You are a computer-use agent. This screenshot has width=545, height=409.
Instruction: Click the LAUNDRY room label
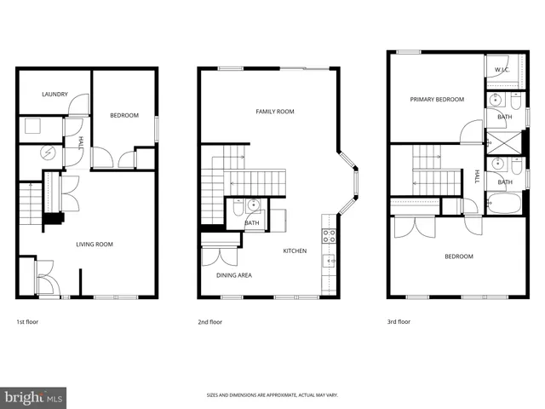point(55,95)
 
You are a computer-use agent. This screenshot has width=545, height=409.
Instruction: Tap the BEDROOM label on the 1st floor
point(124,115)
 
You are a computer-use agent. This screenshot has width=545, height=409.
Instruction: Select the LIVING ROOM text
point(95,245)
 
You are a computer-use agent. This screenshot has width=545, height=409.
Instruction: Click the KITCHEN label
point(295,251)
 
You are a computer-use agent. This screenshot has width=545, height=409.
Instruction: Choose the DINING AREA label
point(233,274)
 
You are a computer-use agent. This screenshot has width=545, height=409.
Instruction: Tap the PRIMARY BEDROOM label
point(437,100)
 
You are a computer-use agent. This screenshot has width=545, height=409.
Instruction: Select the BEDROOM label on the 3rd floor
point(458,256)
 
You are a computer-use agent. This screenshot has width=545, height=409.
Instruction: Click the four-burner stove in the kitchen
point(328,235)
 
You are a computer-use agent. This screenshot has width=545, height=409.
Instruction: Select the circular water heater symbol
point(48,154)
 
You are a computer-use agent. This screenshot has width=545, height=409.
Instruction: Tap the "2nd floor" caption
point(210,322)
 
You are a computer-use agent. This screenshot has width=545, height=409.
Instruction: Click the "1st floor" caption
point(27,322)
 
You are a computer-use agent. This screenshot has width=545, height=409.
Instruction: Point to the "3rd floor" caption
point(399,322)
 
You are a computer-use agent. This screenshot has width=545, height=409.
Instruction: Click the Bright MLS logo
point(33,396)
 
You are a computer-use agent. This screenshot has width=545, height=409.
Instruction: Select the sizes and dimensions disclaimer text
point(272,395)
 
